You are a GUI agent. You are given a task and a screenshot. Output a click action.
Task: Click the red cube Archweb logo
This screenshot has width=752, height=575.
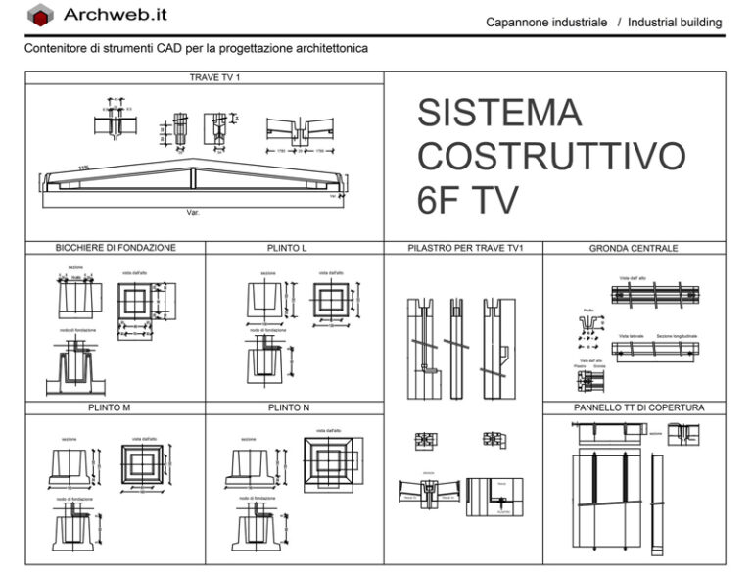click(40, 16)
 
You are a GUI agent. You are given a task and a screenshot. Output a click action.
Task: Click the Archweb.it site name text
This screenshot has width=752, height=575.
click(116, 15)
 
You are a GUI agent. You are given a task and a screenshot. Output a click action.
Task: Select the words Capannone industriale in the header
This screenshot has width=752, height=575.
click(546, 22)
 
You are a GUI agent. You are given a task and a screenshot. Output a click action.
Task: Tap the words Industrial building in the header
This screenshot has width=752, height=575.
click(675, 22)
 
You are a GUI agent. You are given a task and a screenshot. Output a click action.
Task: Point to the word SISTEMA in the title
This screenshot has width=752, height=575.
click(498, 114)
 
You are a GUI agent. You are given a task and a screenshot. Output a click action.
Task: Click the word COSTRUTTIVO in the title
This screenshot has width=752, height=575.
click(551, 157)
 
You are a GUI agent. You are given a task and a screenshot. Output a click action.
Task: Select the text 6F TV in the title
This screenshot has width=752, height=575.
click(467, 200)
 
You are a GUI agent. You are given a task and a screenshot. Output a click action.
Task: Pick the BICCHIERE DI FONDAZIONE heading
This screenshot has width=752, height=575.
click(116, 248)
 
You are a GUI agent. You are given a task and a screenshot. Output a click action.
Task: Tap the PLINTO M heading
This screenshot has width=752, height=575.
click(116, 407)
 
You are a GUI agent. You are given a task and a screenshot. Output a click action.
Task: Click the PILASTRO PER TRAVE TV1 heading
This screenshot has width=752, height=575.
click(465, 248)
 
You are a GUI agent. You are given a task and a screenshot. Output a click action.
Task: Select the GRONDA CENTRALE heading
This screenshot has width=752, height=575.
click(634, 248)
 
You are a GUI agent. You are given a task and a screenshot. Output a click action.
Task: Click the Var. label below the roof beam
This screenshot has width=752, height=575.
click(193, 211)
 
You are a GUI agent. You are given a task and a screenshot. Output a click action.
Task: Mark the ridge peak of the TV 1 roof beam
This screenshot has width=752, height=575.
click(193, 161)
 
